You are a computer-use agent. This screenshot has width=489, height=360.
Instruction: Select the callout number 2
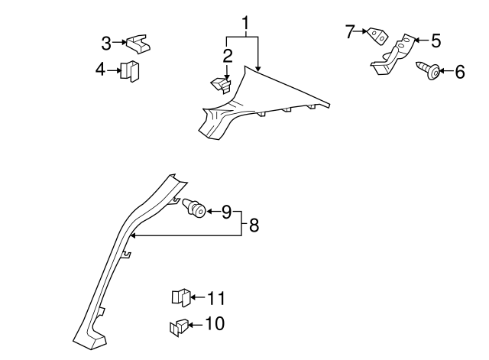point(228,55)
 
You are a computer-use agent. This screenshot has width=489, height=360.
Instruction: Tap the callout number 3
point(107,43)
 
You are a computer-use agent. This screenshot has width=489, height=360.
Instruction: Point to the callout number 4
point(100,70)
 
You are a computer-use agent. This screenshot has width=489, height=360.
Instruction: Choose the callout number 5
point(436,40)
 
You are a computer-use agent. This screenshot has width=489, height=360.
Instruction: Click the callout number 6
point(459,73)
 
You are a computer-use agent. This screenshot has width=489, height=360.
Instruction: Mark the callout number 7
point(351,31)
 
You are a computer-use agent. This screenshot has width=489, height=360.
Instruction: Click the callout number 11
point(217,297)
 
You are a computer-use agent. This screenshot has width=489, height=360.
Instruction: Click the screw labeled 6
point(429,72)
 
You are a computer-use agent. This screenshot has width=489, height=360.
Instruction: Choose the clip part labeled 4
point(131,71)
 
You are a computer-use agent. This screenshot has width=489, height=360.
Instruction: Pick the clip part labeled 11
point(180,297)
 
